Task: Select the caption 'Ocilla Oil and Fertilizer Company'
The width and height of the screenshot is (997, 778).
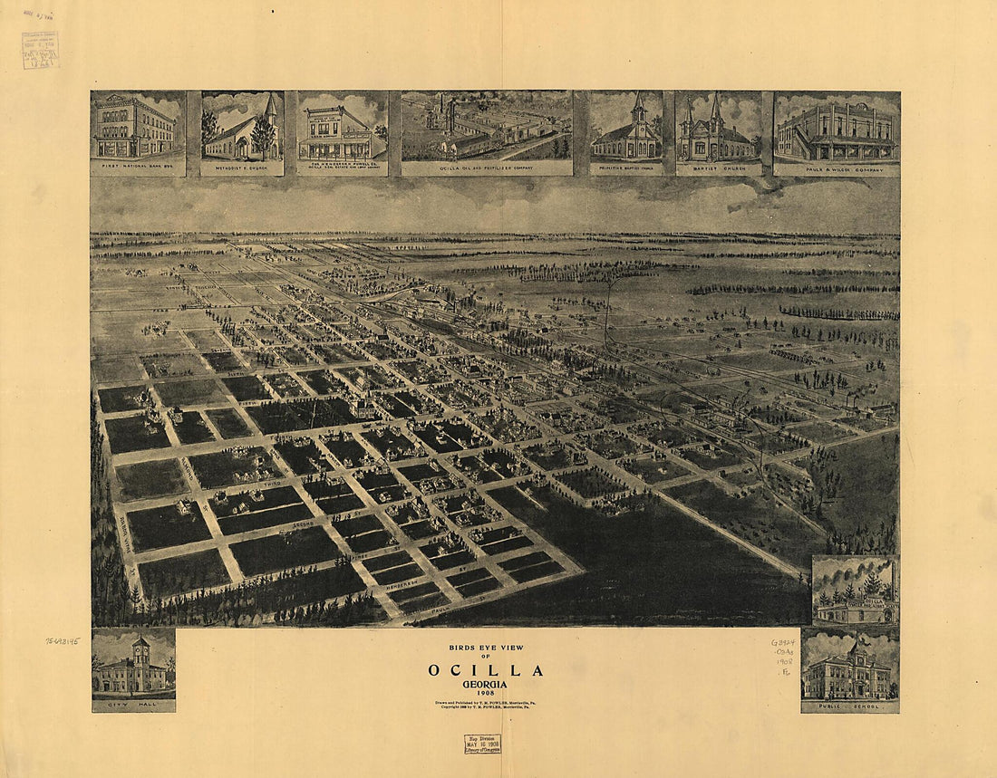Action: [486, 168]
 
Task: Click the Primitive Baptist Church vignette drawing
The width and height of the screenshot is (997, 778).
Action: [626, 131]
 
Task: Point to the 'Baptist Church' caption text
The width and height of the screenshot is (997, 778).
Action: [718, 168]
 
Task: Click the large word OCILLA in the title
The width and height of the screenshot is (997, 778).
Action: [487, 671]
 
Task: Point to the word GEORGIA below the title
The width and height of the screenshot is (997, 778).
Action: [487, 685]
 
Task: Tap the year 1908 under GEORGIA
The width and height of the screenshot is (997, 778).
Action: [487, 695]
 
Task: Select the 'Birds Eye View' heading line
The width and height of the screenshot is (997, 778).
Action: [487, 648]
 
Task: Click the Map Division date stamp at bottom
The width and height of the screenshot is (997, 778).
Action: [482, 744]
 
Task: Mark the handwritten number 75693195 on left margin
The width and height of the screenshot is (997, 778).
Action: [63, 640]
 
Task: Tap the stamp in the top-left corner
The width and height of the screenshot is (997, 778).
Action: [40, 51]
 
